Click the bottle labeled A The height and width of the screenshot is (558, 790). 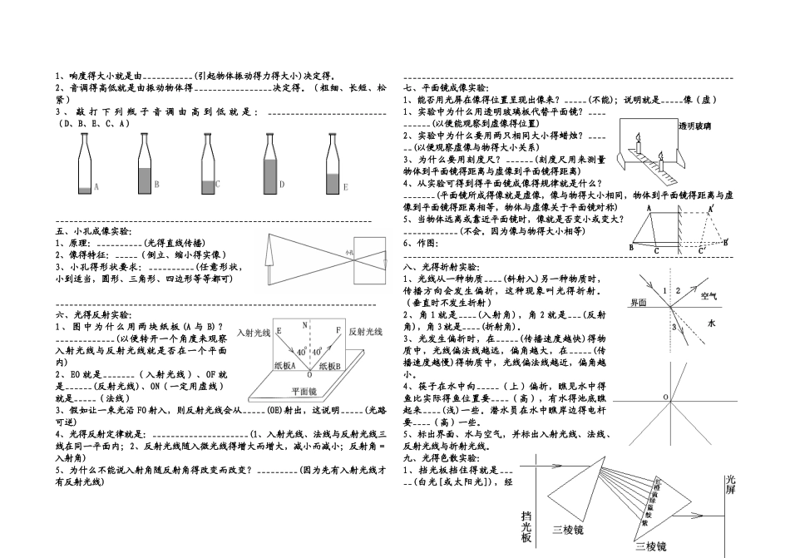(85, 166)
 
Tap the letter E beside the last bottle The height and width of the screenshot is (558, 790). (345, 188)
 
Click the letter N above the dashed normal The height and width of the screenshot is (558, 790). (305, 324)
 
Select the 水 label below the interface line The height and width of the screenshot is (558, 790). (711, 323)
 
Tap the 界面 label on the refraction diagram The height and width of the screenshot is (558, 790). (639, 303)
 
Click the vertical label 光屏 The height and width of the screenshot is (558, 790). (731, 486)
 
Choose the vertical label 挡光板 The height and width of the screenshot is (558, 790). (526, 526)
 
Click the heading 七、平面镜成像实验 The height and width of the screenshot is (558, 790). (447, 87)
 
